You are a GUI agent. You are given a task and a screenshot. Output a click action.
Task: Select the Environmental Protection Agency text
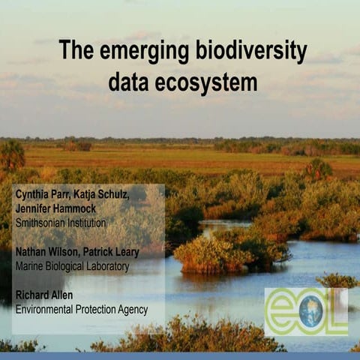(81, 309)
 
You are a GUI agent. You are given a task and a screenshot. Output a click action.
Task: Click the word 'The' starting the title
(75, 52)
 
